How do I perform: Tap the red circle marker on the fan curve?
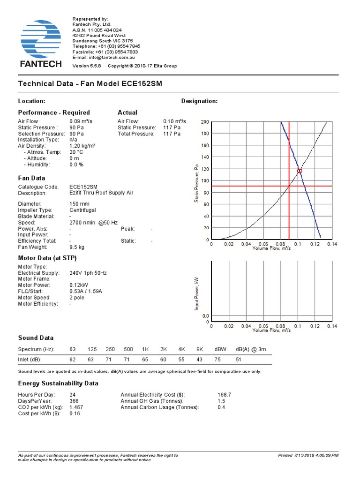pyautogui.click(x=300, y=171)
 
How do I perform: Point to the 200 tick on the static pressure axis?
pyautogui.click(x=205, y=122)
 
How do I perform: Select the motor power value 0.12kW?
pyautogui.click(x=78, y=285)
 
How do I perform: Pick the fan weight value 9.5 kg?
pyautogui.click(x=77, y=247)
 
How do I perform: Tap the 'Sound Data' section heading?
pyautogui.click(x=36, y=337)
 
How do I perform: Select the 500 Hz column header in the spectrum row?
pyautogui.click(x=128, y=349)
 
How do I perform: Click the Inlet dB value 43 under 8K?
pyautogui.click(x=200, y=360)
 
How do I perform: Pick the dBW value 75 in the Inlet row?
pyautogui.click(x=218, y=360)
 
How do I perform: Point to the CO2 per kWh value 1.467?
pyautogui.click(x=76, y=407)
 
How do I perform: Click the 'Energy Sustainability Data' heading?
pyautogui.click(x=58, y=383)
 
